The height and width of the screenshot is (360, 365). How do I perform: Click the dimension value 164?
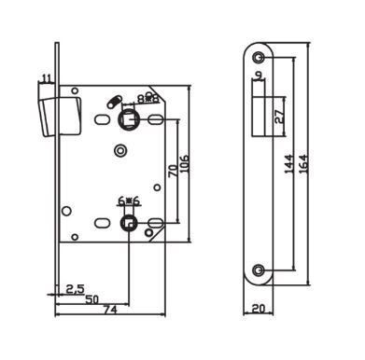tap(303, 164)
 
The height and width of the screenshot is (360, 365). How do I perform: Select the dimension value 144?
tap(288, 164)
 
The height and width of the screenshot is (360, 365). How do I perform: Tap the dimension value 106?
tap(184, 164)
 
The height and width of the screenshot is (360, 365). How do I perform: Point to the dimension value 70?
tap(173, 171)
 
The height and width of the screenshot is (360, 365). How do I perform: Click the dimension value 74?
tap(110, 310)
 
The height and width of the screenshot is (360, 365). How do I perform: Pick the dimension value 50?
tap(92, 299)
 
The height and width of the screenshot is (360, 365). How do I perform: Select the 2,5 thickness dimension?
tap(76, 289)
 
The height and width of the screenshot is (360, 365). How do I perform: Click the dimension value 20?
tap(259, 309)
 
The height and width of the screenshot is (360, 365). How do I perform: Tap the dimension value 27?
tap(280, 117)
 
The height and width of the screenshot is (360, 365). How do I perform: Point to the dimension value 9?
tap(259, 75)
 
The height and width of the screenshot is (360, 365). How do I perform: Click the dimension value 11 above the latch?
tap(46, 78)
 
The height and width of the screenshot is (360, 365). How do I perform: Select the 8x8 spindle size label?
tap(148, 99)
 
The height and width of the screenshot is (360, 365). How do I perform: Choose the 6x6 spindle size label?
tap(129, 201)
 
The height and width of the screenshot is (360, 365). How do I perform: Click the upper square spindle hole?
tap(129, 119)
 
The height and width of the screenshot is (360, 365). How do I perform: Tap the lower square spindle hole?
tap(128, 223)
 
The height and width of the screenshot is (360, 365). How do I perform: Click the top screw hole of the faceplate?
tap(258, 57)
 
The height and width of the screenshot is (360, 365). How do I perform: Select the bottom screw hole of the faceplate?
tap(258, 270)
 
